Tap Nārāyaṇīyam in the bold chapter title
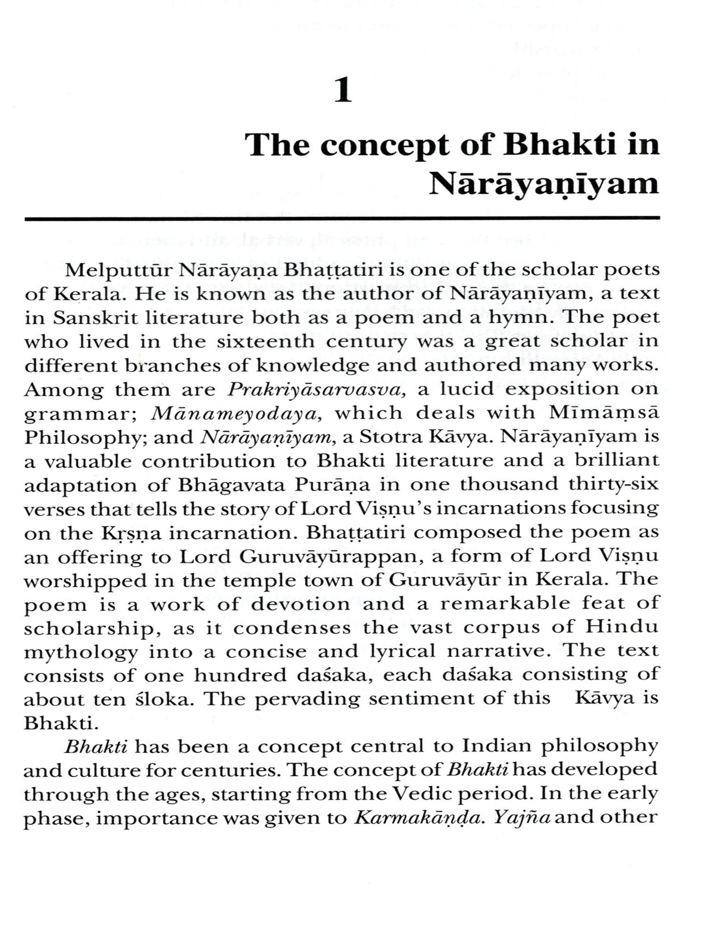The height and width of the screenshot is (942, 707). tap(544, 184)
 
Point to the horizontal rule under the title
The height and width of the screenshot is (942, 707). tap(342, 218)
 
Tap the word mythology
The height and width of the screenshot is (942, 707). tap(81, 652)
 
